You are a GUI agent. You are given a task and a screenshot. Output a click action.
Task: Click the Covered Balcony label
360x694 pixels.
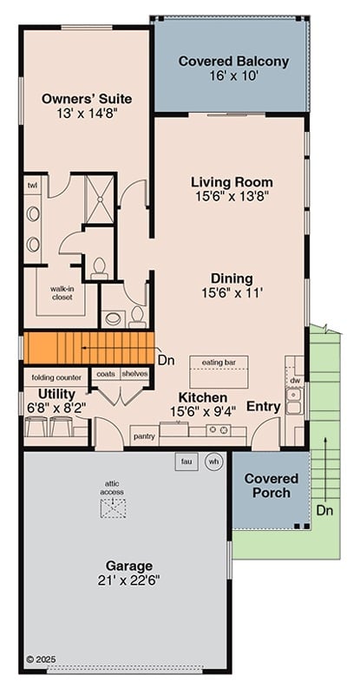point(232,62)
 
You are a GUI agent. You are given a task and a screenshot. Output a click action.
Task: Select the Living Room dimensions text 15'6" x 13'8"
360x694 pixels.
point(232,197)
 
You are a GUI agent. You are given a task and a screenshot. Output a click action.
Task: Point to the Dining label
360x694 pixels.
point(232,278)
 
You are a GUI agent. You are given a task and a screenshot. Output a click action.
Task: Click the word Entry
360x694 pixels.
point(263,406)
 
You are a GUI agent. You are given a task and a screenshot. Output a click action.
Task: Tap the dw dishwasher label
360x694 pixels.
point(295,380)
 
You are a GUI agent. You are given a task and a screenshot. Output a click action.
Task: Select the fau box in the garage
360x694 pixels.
point(187,461)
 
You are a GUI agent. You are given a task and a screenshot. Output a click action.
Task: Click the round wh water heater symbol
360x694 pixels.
point(213,462)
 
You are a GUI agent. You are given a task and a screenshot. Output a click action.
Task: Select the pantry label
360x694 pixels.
point(144,436)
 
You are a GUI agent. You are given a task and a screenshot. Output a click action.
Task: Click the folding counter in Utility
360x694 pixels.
point(57,377)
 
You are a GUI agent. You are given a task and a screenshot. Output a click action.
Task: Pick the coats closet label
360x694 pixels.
point(105,374)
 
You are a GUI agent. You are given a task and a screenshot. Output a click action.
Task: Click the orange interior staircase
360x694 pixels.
point(87,348)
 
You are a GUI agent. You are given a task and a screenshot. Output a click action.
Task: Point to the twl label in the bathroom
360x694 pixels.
point(32,186)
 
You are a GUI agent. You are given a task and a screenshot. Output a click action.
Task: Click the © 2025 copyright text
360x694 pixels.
point(42,660)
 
